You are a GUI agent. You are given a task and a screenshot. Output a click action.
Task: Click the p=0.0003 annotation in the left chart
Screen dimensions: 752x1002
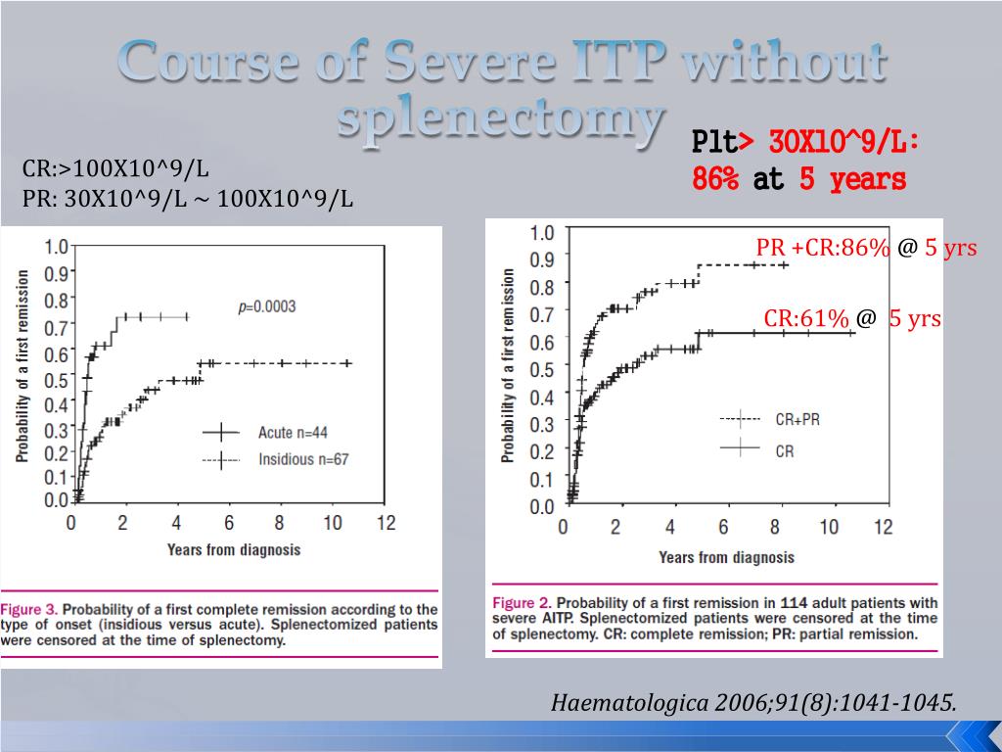click(x=267, y=306)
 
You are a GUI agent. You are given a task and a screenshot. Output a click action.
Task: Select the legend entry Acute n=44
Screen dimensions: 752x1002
click(x=293, y=432)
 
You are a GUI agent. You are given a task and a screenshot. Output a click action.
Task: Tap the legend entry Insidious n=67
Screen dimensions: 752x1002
click(x=301, y=459)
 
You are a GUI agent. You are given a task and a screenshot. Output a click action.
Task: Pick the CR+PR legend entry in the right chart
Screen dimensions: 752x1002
click(x=797, y=419)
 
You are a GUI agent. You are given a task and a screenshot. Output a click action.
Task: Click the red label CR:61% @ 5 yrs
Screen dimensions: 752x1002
click(x=852, y=318)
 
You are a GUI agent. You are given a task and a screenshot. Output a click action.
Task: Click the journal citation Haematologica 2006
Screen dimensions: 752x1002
click(x=753, y=702)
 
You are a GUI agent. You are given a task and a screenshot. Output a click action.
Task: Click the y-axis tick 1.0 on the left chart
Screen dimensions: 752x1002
click(x=57, y=247)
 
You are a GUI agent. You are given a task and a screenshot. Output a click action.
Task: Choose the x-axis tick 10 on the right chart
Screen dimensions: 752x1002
click(x=829, y=527)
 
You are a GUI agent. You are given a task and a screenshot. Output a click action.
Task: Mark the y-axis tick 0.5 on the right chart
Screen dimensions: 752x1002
click(x=541, y=369)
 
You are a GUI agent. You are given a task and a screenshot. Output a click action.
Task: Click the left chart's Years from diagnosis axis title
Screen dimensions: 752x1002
click(x=234, y=549)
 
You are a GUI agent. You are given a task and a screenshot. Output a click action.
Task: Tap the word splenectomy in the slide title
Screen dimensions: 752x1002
click(x=497, y=120)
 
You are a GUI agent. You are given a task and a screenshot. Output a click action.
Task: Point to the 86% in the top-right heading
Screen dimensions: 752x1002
click(x=715, y=180)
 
